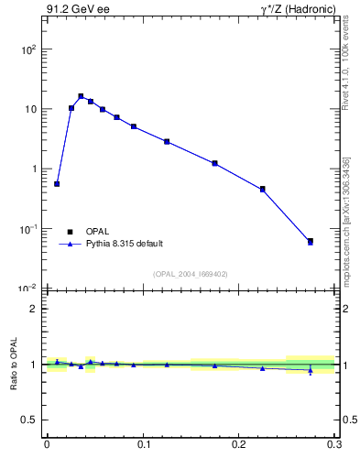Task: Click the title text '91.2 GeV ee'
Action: click(x=74, y=10)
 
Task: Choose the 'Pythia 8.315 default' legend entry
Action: click(x=125, y=244)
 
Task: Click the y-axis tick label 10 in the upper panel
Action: click(x=31, y=109)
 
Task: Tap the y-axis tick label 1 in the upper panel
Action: click(x=35, y=169)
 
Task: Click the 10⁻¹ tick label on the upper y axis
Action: click(x=28, y=228)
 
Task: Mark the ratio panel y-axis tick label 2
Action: click(x=35, y=309)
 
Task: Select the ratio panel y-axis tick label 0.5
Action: click(x=30, y=420)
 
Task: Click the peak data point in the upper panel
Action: click(x=81, y=96)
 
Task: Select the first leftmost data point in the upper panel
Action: click(x=57, y=184)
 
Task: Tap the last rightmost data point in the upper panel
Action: click(x=311, y=242)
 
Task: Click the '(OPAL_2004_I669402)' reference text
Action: click(x=191, y=273)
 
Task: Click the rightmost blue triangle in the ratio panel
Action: click(x=311, y=371)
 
